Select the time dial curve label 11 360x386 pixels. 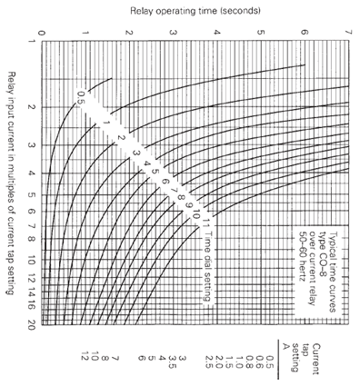(x=206, y=222)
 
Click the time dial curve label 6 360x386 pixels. (x=165, y=180)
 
